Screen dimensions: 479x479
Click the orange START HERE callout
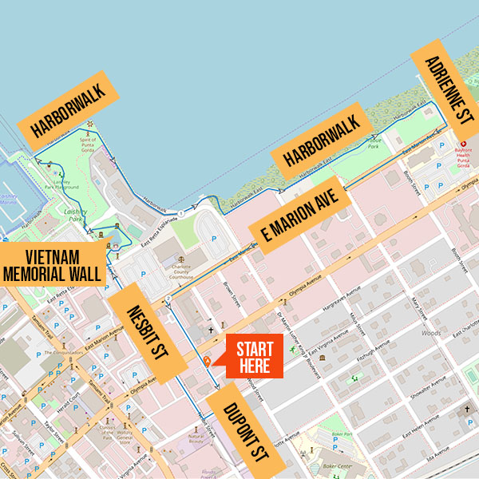[255, 356]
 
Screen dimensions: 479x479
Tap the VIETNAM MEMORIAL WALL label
[53, 265]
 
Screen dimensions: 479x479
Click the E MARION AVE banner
[300, 218]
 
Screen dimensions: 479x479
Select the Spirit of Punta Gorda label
[88, 141]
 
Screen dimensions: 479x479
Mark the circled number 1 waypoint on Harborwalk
[182, 214]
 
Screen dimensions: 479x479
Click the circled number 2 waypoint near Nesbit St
[167, 301]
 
